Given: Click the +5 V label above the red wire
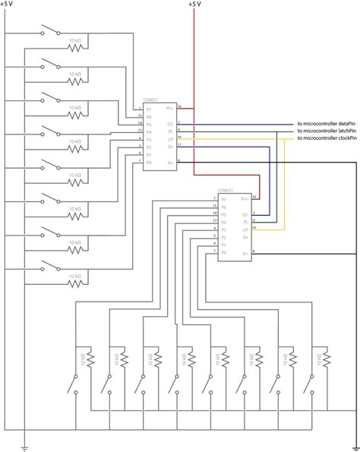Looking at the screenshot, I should (x=195, y=5).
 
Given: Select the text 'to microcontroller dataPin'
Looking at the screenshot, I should (x=327, y=125).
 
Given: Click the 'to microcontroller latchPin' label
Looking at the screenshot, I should (x=327, y=131).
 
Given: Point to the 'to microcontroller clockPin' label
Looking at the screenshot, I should (x=327, y=138).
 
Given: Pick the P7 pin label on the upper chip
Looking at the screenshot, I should (x=149, y=109).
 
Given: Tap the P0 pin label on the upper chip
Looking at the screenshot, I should (x=149, y=162).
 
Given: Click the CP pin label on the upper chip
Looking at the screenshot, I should (x=170, y=139).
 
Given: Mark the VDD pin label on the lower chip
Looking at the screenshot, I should (x=243, y=198).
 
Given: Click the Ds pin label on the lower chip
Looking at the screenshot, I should (x=244, y=236).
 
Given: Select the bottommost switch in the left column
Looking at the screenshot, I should (x=52, y=266).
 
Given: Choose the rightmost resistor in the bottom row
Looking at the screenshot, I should (x=325, y=357).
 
